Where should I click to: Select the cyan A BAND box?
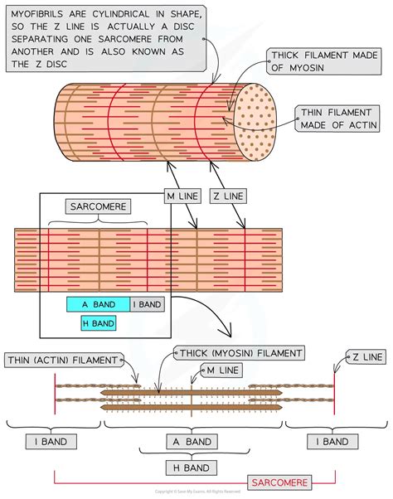(98, 304)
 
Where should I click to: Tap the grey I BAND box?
(147, 304)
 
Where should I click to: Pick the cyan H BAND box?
(98, 323)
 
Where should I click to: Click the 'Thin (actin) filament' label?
(62, 359)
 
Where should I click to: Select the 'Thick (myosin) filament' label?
(239, 352)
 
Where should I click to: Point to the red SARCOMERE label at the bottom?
(282, 482)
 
